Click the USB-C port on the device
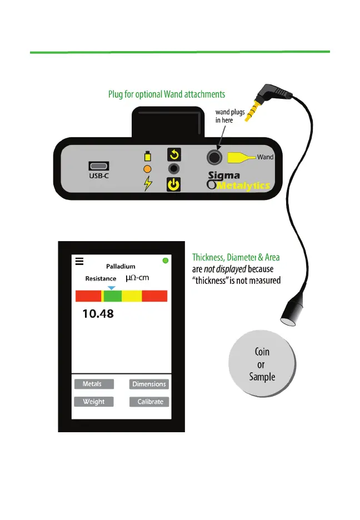pyautogui.click(x=98, y=166)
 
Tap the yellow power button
pyautogui.click(x=174, y=184)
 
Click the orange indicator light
pyautogui.click(x=147, y=169)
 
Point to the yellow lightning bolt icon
pyautogui.click(x=147, y=184)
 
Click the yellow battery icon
pyautogui.click(x=147, y=156)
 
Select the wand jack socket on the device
pyautogui.click(x=213, y=157)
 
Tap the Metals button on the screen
pyautogui.click(x=93, y=384)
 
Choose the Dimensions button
pyautogui.click(x=149, y=384)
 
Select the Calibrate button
pyautogui.click(x=149, y=402)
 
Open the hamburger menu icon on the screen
pyautogui.click(x=79, y=262)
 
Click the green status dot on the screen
pyautogui.click(x=165, y=261)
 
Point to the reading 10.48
pyautogui.click(x=98, y=314)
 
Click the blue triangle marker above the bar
pyautogui.click(x=112, y=287)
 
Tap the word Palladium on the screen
pyautogui.click(x=121, y=267)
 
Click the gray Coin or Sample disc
pyautogui.click(x=261, y=364)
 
